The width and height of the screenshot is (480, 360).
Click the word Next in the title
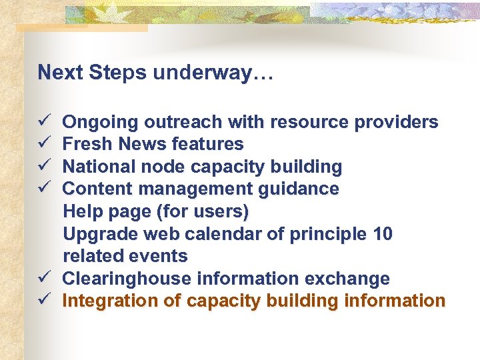coord(56,72)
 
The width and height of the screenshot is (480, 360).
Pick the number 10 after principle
coord(383,234)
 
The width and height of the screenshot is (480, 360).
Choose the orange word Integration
coord(110,301)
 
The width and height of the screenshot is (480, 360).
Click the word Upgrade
coord(100,235)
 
